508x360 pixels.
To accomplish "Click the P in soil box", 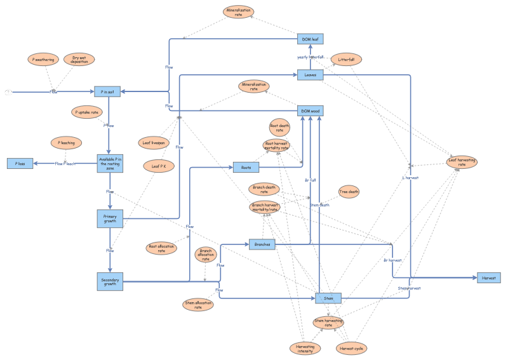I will (107, 92).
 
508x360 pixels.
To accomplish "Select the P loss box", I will (20, 163).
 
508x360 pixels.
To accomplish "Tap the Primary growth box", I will (110, 218).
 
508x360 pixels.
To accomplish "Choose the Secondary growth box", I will (110, 281).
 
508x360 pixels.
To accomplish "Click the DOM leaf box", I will (311, 39).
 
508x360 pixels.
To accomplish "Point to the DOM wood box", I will (311, 111).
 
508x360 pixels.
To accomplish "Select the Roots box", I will (246, 168).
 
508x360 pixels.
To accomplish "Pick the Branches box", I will (262, 244).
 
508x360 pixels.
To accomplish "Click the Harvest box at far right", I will (489, 277).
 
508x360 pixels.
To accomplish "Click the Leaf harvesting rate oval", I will (462, 162).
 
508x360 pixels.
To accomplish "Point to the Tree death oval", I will (349, 192).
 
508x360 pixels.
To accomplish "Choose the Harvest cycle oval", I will (351, 349).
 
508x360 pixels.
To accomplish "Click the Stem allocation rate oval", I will (197, 305).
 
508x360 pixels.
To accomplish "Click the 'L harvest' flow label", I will (411, 177).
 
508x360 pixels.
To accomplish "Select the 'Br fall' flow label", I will (311, 180).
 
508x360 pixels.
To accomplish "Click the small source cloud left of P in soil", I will (8, 92).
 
